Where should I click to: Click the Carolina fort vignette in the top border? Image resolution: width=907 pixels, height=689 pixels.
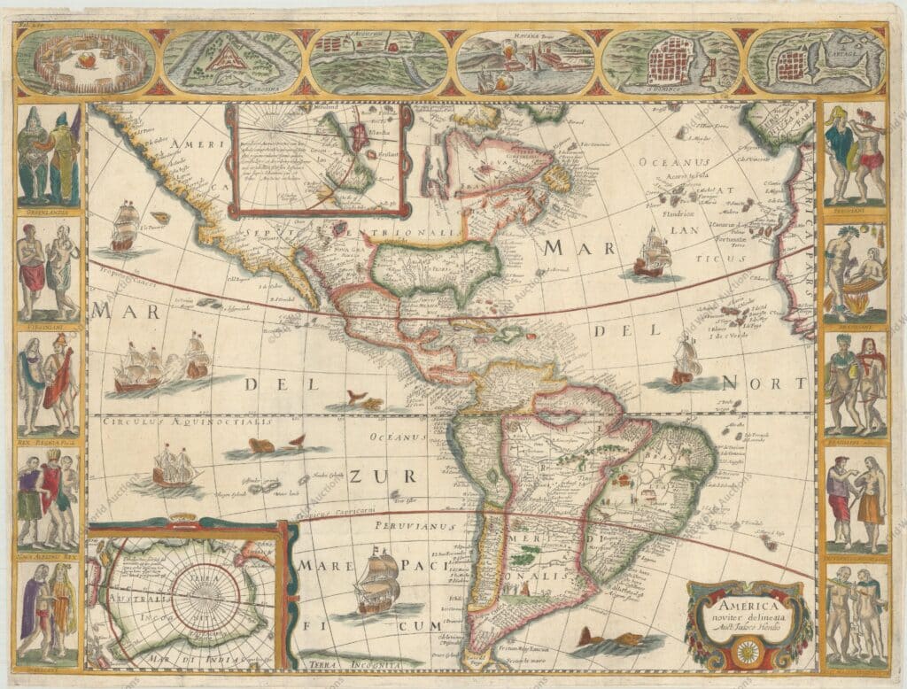click(x=232, y=61)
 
